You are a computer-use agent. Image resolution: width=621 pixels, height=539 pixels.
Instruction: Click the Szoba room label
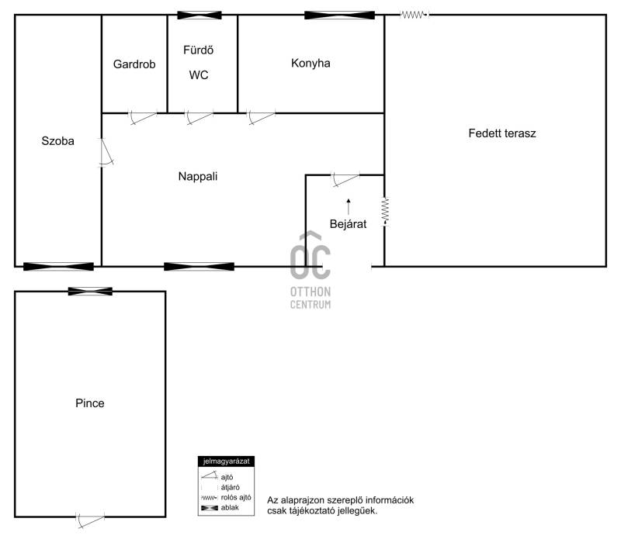[x=57, y=141]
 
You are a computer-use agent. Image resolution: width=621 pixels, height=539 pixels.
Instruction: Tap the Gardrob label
[x=134, y=64]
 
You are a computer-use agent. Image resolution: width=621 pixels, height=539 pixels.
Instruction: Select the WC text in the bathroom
[x=199, y=74]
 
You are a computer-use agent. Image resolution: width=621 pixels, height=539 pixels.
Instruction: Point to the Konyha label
[x=310, y=63]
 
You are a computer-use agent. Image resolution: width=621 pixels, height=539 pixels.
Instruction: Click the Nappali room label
[x=198, y=176]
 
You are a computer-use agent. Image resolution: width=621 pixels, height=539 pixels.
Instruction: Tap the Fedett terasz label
[x=502, y=133]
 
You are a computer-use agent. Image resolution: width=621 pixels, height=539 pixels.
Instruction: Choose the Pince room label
[x=90, y=403]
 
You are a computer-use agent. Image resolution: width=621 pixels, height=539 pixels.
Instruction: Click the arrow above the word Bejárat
[x=349, y=206]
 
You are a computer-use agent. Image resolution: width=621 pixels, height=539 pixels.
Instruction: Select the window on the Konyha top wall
[x=339, y=16]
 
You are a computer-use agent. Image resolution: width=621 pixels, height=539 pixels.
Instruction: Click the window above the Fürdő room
[x=199, y=16]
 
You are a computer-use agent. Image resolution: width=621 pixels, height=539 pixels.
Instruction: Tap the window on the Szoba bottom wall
[x=59, y=267]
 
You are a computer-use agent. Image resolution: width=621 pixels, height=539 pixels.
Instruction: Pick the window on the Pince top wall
[x=90, y=292]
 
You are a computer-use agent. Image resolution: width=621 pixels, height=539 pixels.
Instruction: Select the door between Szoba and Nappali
[x=106, y=152]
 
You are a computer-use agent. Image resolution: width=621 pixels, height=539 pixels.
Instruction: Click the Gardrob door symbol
[x=143, y=117]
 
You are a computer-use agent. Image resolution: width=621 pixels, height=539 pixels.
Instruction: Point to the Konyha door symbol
[x=262, y=117]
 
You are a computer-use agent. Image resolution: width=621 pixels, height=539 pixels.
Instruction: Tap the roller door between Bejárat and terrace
[x=385, y=212]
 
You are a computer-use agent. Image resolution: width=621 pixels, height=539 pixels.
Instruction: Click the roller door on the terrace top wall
[x=415, y=15]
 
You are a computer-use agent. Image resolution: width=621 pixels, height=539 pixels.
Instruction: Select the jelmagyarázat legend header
[x=226, y=461]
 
